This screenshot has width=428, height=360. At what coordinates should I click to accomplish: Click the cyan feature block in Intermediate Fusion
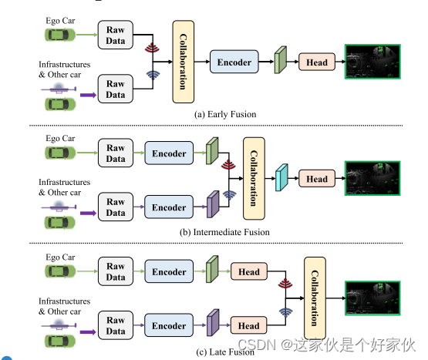pyautogui.click(x=281, y=179)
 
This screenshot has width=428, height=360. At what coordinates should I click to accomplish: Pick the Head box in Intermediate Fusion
pyautogui.click(x=317, y=179)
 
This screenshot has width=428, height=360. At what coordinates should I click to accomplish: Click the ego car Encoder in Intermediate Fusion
pyautogui.click(x=168, y=153)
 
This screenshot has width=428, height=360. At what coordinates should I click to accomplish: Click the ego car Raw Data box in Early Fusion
pyautogui.click(x=116, y=35)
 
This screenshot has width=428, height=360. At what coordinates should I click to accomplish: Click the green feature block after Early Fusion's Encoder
pyautogui.click(x=281, y=59)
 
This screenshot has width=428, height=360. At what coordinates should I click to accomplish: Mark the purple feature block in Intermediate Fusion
pyautogui.click(x=213, y=205)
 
